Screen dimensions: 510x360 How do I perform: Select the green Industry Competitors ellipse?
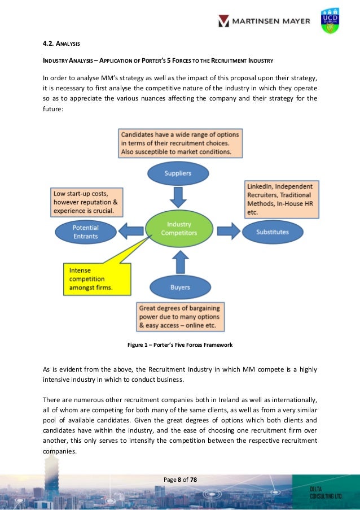point(179,229)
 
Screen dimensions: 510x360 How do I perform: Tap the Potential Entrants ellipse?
point(86,232)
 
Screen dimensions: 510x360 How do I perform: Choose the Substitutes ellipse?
point(273,232)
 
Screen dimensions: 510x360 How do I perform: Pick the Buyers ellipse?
point(180,287)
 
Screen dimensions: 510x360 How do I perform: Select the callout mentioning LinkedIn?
point(282,198)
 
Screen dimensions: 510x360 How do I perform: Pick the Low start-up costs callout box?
point(85,202)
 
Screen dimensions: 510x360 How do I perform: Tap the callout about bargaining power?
point(180,318)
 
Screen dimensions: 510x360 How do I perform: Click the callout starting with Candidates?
point(179,143)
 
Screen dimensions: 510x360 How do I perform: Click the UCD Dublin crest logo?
point(330,21)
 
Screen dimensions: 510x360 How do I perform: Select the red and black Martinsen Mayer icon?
point(224,21)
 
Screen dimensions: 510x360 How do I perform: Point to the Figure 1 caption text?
point(179,345)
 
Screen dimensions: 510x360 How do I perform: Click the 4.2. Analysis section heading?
point(62,42)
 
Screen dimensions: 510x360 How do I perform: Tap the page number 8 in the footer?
point(179,480)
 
